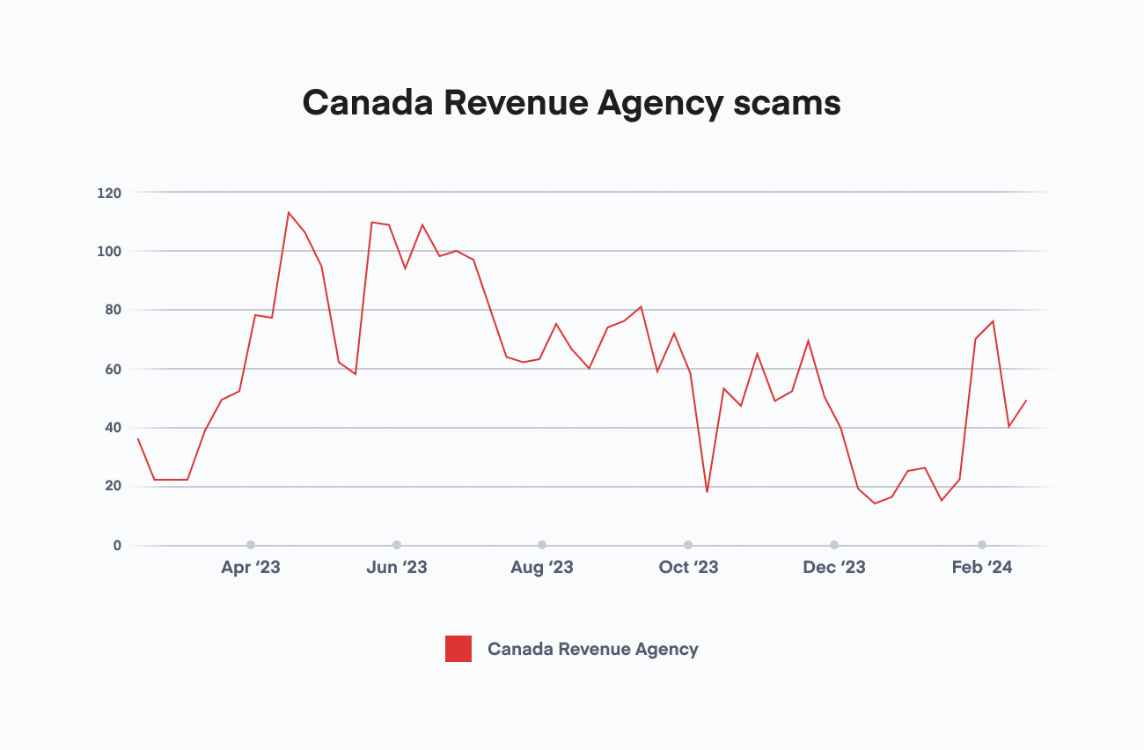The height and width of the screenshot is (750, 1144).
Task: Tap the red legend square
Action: (458, 649)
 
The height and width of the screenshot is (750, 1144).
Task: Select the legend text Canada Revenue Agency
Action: (592, 649)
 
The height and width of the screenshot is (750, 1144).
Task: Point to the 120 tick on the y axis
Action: (109, 193)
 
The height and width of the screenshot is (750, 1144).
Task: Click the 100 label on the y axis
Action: (109, 252)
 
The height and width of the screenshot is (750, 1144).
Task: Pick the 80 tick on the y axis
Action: (112, 311)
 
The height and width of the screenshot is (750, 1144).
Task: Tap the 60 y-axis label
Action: (112, 370)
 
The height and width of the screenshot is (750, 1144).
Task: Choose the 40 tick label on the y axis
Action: (112, 429)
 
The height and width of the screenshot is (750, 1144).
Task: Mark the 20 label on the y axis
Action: (112, 487)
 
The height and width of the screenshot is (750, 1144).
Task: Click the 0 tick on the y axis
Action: (116, 546)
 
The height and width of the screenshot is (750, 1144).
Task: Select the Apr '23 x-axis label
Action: (251, 568)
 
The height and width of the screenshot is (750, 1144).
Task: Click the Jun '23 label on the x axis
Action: (397, 568)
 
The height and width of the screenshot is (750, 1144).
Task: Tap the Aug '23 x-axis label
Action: (542, 568)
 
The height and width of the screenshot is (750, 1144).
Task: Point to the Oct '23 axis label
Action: (688, 568)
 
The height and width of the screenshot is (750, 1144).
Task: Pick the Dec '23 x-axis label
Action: (834, 568)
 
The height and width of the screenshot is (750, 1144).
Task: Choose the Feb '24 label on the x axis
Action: (982, 568)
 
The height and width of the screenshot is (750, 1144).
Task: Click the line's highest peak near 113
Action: (288, 212)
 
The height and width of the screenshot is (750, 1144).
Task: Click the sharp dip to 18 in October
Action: (707, 492)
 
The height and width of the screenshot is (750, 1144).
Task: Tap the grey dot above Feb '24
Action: (982, 545)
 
